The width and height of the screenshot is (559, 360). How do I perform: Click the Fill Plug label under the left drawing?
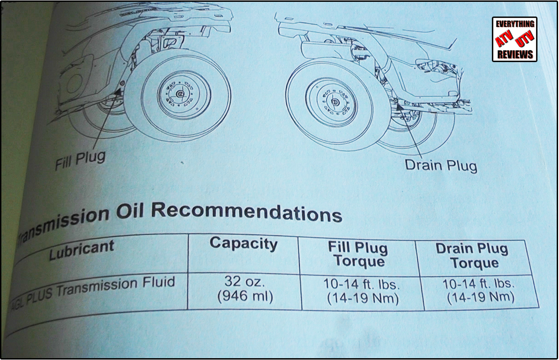(80, 160)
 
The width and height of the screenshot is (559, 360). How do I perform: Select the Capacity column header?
(243, 244)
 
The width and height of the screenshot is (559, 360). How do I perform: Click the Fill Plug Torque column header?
(358, 254)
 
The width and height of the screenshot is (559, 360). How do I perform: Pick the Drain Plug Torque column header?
(472, 256)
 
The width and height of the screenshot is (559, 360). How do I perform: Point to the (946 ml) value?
(245, 296)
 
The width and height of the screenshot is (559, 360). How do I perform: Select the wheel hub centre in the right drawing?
(335, 101)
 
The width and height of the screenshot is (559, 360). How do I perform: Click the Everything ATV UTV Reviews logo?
(514, 39)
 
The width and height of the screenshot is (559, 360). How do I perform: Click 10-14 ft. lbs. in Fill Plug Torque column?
(362, 284)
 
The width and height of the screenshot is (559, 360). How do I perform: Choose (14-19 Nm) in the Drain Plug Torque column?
(480, 298)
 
